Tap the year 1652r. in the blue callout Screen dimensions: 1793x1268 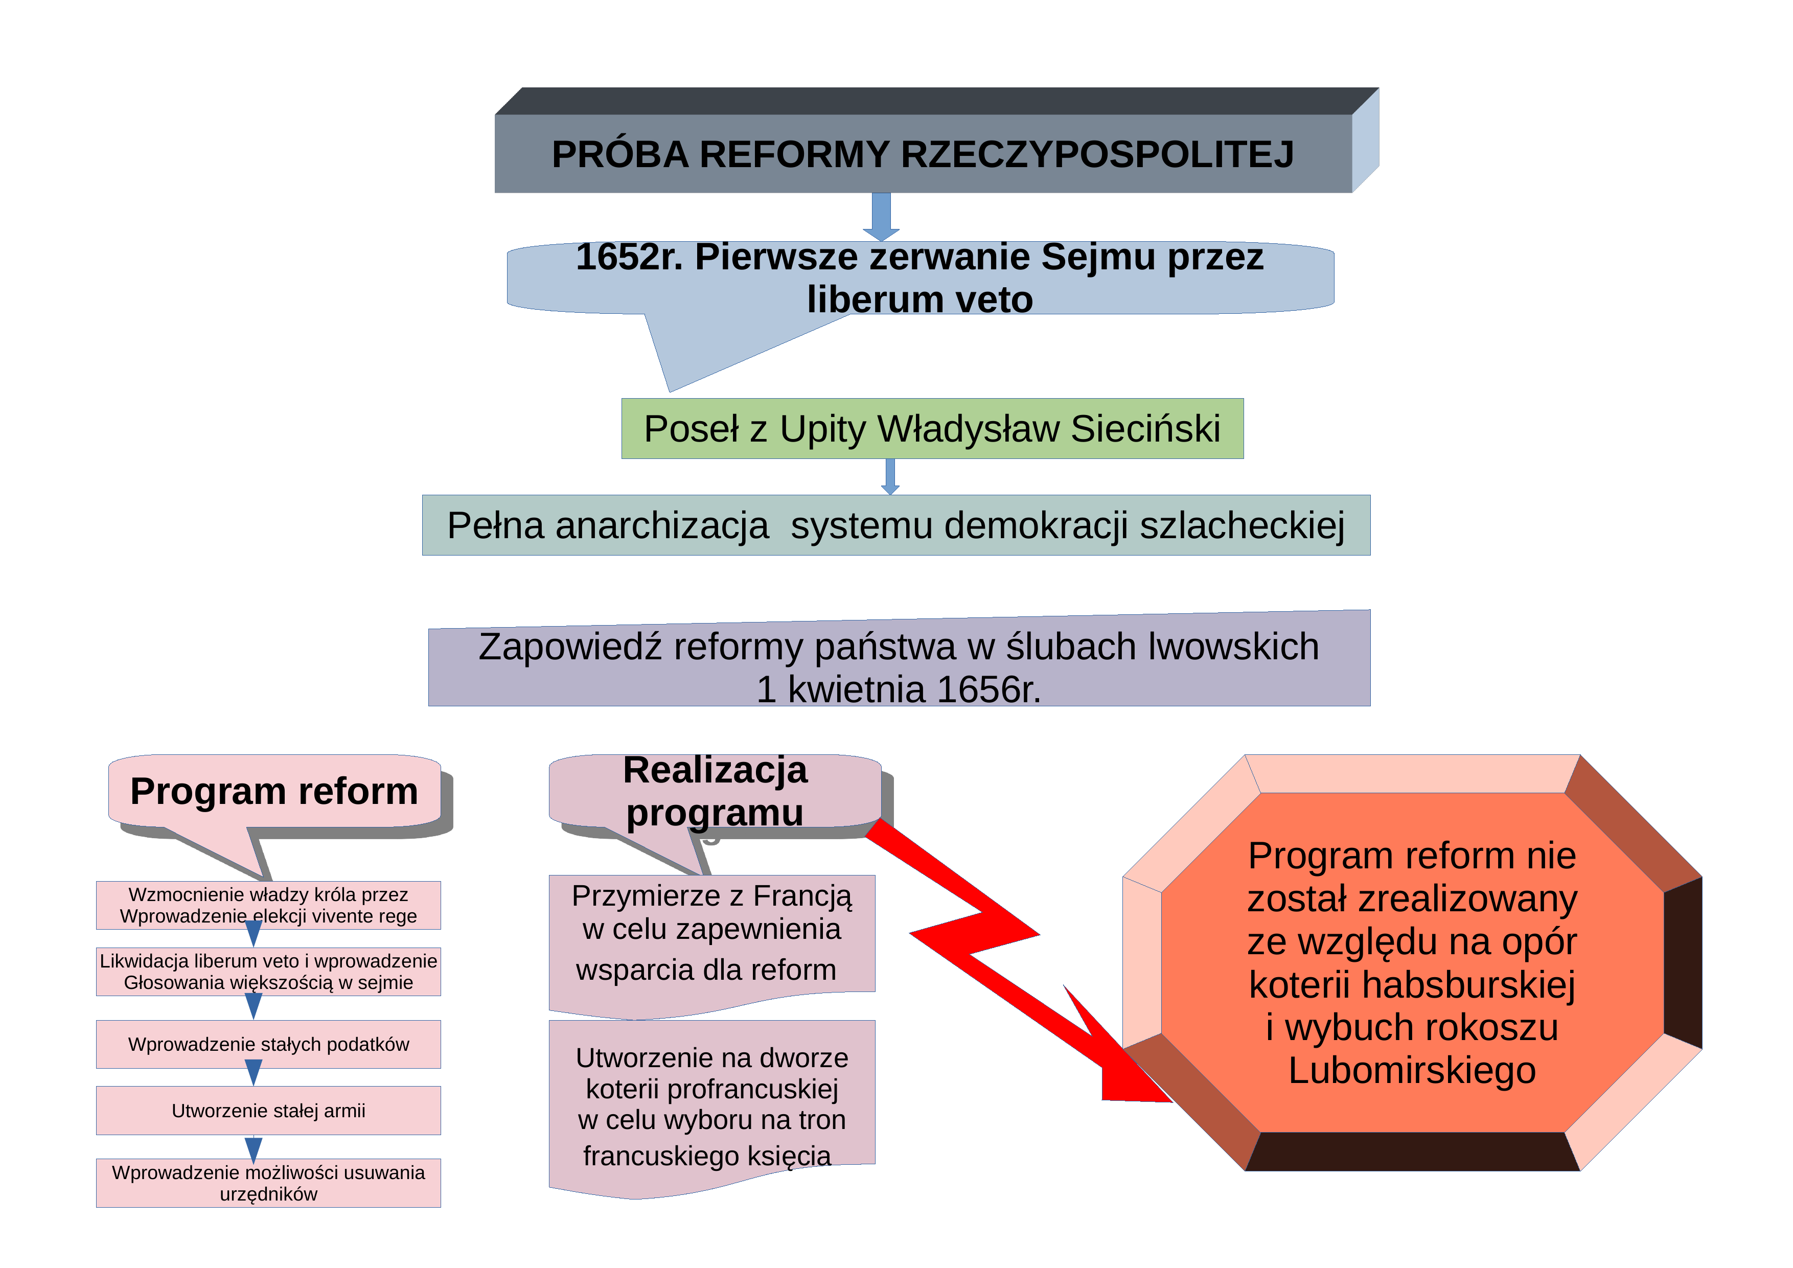(x=629, y=257)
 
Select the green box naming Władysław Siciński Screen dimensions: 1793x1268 (x=932, y=429)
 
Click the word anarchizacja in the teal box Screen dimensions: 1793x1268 (x=662, y=525)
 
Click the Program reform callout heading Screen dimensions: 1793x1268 (x=274, y=791)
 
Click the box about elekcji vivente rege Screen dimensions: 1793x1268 (x=269, y=906)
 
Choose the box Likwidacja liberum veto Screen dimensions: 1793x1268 (x=269, y=972)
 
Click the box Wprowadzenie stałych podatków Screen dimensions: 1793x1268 (x=269, y=1045)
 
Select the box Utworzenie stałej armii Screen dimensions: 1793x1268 (x=269, y=1110)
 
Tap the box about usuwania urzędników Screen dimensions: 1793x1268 (x=269, y=1183)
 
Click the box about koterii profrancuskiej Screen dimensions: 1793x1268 (x=712, y=1105)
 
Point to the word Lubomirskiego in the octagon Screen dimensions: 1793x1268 (x=1412, y=1070)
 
